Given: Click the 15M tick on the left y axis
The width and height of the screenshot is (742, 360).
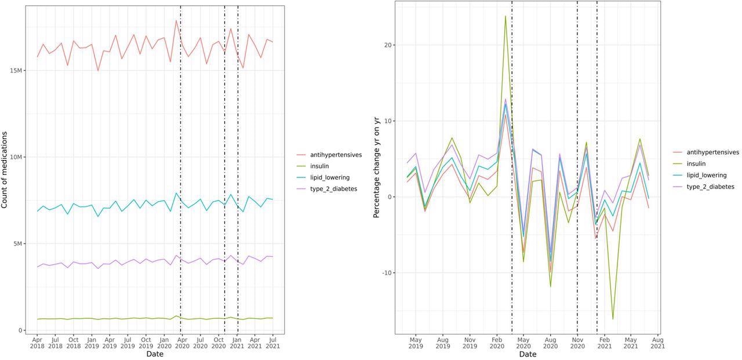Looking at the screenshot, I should [16, 71].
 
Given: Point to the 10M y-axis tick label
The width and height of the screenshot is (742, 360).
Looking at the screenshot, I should [16, 157].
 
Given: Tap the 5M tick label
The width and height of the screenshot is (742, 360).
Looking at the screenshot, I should [19, 243].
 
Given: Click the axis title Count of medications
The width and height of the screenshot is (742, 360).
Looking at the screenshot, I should [5, 170].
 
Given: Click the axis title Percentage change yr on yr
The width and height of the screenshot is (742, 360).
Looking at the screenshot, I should [377, 168].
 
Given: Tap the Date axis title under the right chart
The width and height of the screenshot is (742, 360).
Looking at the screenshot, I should [528, 354].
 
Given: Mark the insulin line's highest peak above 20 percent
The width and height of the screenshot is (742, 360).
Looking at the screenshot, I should [505, 16].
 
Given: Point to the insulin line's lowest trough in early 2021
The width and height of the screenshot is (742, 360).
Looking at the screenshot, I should [613, 319].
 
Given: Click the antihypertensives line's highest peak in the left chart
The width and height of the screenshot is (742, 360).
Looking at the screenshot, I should [176, 20].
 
